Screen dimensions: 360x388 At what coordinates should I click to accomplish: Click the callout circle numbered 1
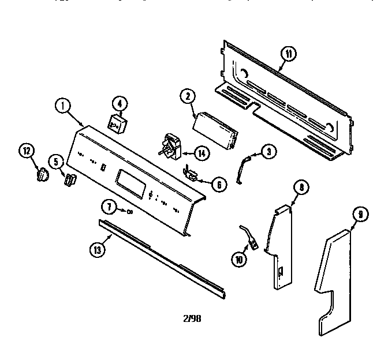pos(63,106)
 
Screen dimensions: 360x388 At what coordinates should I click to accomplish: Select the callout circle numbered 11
pos(288,55)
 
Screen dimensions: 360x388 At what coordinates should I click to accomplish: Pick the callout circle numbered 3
pos(268,152)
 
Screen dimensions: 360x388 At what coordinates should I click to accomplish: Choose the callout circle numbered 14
pos(202,153)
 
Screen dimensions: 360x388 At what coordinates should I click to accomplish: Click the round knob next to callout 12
pos(42,174)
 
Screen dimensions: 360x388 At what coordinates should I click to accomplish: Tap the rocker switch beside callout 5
pos(70,180)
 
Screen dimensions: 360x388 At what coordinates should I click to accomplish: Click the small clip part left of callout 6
pos(192,172)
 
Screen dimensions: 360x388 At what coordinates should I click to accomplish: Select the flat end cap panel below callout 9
pos(334,283)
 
